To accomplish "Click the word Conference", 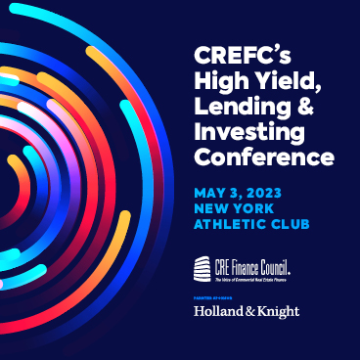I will coord(263,157).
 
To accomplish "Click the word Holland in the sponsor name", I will coord(220,311).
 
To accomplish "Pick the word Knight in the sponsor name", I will coord(278,311).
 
